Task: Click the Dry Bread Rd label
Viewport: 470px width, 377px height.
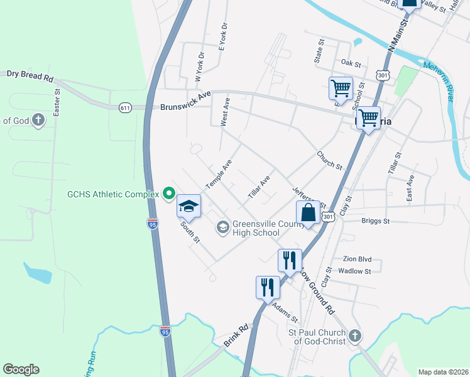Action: click(30, 75)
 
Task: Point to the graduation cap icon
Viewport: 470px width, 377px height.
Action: click(189, 205)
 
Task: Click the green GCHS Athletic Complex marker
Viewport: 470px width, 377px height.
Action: click(168, 194)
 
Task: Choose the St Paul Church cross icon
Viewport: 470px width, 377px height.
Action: click(355, 336)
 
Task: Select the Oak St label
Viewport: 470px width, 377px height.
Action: click(351, 63)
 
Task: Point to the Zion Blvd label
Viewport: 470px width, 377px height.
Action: click(357, 259)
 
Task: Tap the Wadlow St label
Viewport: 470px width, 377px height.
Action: click(355, 271)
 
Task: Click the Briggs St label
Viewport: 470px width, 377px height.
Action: click(376, 221)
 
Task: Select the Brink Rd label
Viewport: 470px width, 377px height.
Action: click(236, 337)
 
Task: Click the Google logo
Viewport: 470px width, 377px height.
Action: click(21, 369)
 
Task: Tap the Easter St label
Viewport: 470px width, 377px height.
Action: click(57, 102)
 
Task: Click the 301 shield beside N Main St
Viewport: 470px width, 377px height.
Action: click(383, 75)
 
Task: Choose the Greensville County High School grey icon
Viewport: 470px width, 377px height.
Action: click(222, 226)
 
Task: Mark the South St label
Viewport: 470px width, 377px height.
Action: click(189, 231)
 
